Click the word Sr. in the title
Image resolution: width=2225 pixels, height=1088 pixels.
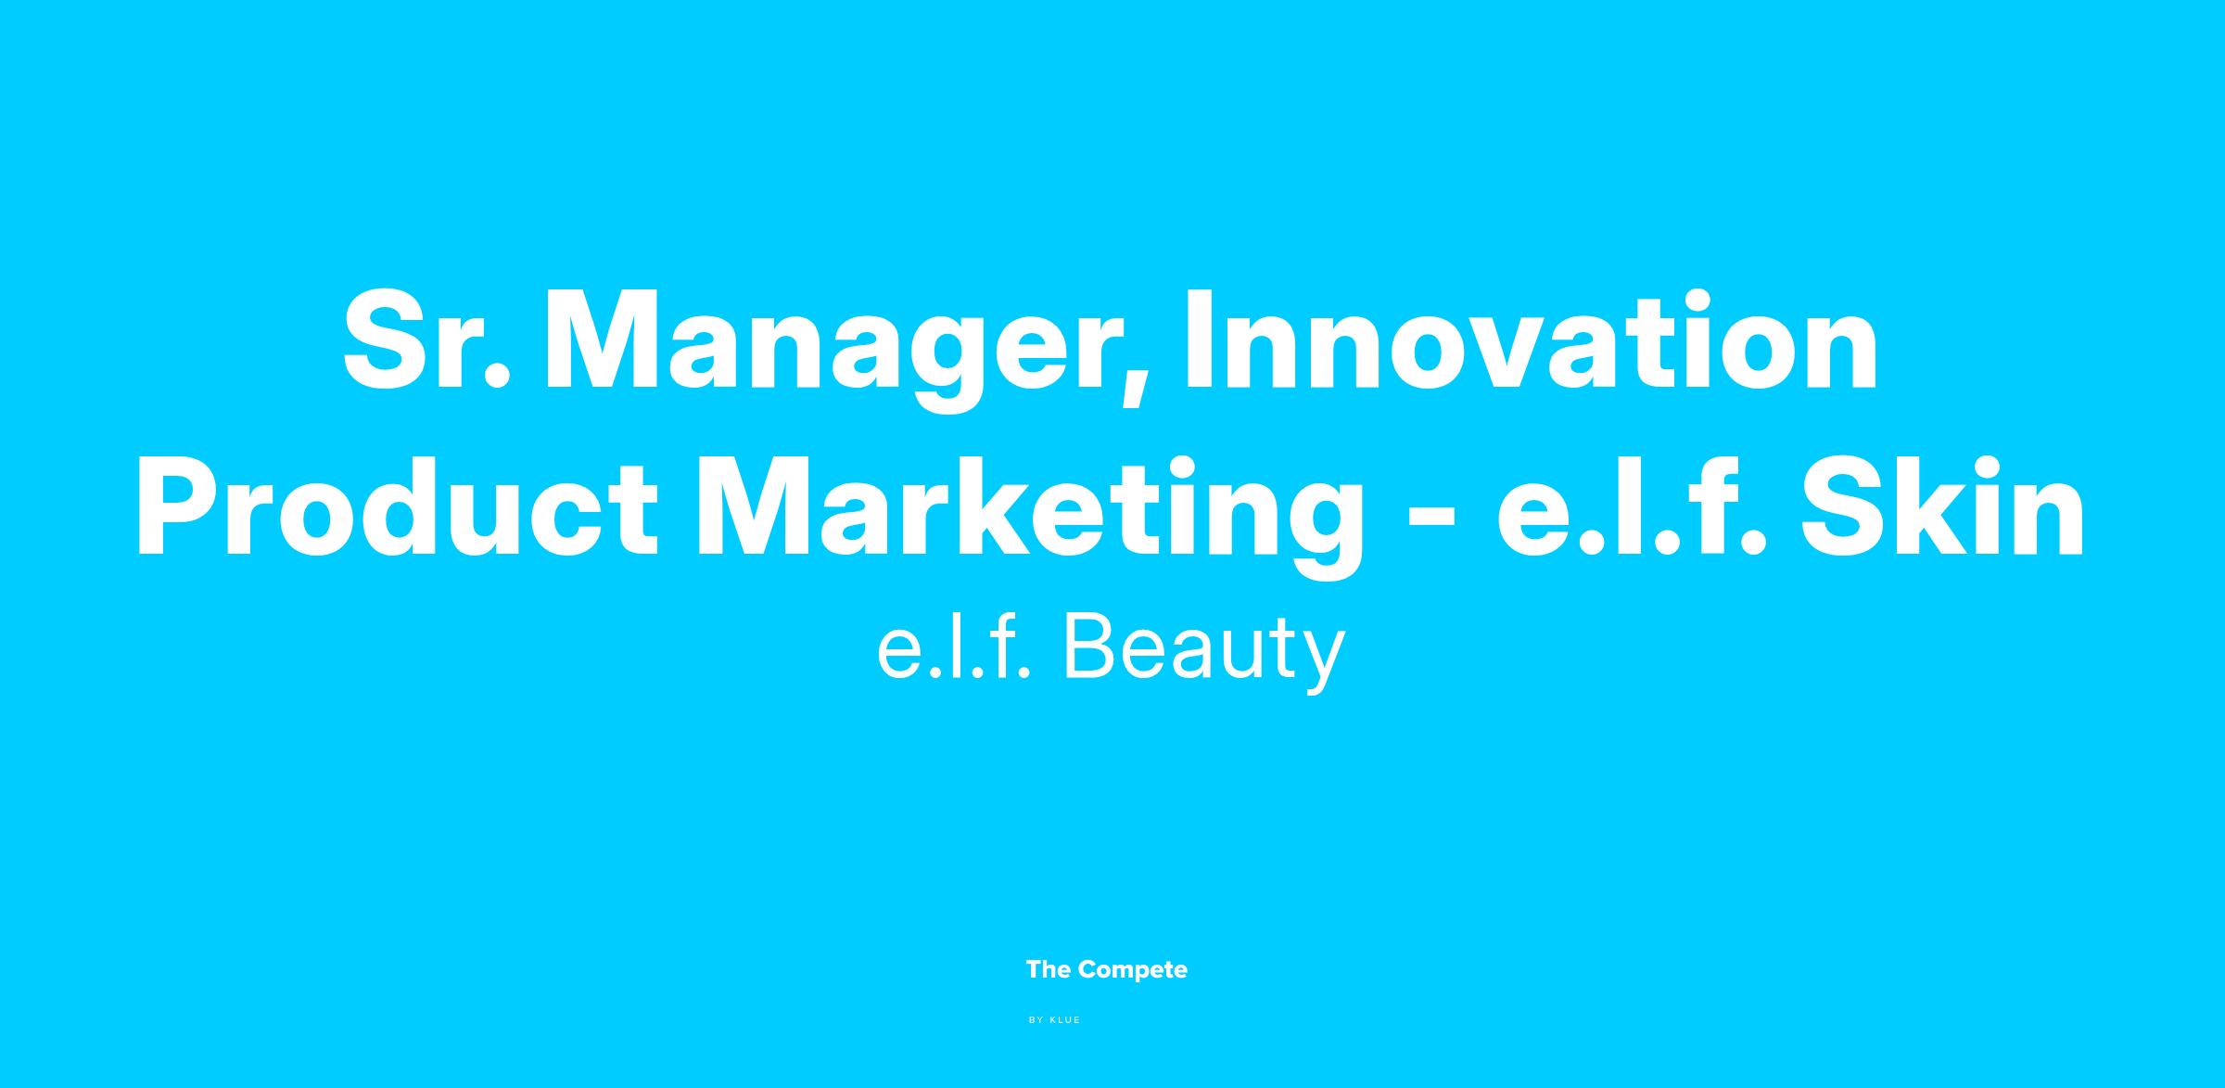(426, 340)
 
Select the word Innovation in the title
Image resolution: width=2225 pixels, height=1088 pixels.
(1532, 340)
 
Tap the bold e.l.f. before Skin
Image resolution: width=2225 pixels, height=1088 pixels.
(1631, 507)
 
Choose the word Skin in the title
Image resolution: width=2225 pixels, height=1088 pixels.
(1942, 507)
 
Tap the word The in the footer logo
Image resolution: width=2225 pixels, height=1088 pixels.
(1049, 969)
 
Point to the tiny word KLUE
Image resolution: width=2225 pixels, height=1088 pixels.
(1065, 1020)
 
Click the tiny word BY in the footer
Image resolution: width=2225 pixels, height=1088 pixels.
(1036, 1020)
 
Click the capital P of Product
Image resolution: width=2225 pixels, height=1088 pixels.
(184, 507)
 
